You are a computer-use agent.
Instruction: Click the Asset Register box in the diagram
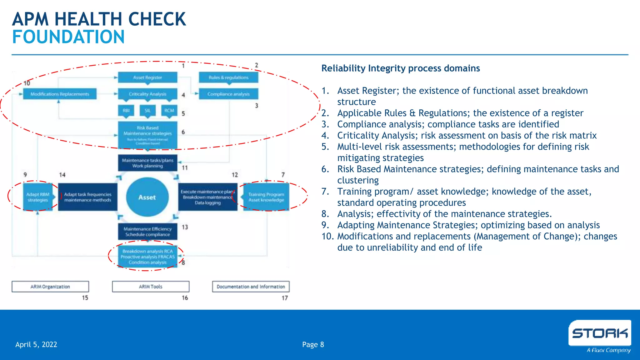(147, 77)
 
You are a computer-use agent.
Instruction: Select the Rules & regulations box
(228, 77)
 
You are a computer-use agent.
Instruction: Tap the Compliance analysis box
(228, 94)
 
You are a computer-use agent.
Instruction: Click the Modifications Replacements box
(60, 94)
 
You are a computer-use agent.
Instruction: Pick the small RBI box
(126, 111)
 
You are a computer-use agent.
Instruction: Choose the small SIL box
(147, 111)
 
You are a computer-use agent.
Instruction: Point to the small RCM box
(169, 111)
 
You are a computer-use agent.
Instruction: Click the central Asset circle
(147, 197)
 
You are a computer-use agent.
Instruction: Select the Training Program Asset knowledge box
(266, 197)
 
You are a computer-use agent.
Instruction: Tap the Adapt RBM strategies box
(38, 197)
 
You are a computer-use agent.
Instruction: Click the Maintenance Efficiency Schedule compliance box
(147, 232)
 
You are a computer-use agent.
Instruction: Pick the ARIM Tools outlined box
(151, 287)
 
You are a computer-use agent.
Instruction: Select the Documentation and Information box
(251, 287)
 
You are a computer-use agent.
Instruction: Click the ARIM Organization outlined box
(50, 287)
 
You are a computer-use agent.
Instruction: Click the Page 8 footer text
(313, 345)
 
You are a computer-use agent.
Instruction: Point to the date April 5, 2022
(36, 345)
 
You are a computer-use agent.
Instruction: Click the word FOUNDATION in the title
(68, 37)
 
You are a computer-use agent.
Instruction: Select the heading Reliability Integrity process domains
(401, 68)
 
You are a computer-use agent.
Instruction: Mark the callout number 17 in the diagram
(285, 298)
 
